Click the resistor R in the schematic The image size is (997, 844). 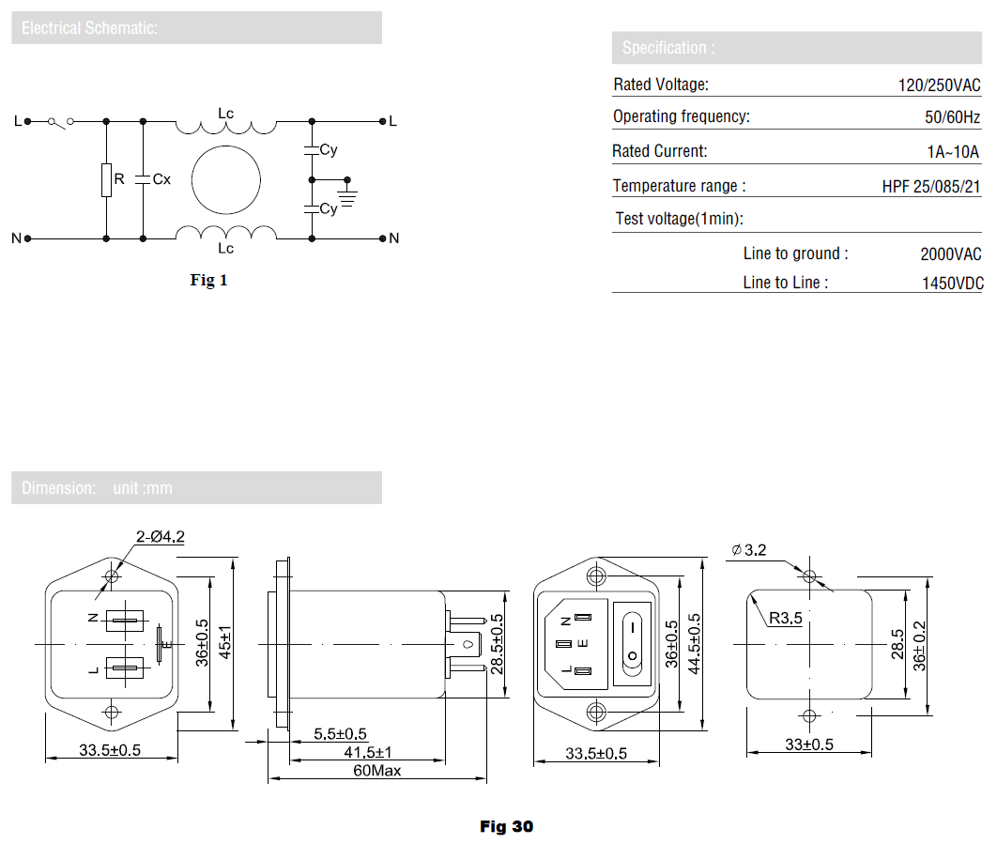click(x=106, y=180)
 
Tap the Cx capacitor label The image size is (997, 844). click(x=161, y=179)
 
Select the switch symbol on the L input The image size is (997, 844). click(x=61, y=122)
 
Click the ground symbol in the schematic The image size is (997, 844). click(x=347, y=194)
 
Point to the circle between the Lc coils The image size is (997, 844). click(x=225, y=179)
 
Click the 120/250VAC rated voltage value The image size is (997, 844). click(x=939, y=85)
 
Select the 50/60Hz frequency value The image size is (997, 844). click(x=953, y=117)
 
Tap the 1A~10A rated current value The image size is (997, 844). click(x=953, y=152)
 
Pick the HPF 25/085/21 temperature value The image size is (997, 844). click(x=931, y=186)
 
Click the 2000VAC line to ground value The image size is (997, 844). click(x=951, y=254)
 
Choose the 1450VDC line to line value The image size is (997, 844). click(x=953, y=284)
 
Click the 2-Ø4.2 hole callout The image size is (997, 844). click(x=161, y=537)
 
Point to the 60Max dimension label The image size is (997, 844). click(x=377, y=771)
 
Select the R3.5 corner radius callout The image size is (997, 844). click(x=785, y=618)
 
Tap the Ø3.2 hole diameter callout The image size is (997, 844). click(x=749, y=549)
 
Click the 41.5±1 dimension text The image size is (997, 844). click(x=368, y=752)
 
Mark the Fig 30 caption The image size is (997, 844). click(x=507, y=826)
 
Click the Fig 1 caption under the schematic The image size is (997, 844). click(x=208, y=280)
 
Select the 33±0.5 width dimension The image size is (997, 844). click(x=809, y=744)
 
